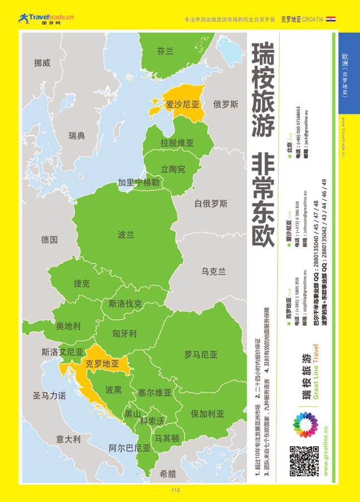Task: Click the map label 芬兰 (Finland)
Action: tap(165, 51)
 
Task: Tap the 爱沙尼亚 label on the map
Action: tap(182, 104)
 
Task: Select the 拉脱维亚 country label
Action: tap(177, 143)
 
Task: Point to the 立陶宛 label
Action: tap(173, 169)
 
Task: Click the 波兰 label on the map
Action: tap(126, 235)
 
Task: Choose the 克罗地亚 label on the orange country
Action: tap(103, 363)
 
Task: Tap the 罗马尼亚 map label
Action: tap(201, 355)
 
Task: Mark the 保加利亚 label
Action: tap(207, 414)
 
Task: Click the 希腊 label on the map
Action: tap(168, 474)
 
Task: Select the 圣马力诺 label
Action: tap(49, 396)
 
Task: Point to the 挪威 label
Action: tap(42, 63)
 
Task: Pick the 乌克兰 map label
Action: tap(213, 272)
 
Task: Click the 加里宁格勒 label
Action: tap(139, 182)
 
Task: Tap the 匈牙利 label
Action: tap(124, 334)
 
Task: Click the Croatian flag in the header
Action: tap(330, 19)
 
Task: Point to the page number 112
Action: tap(176, 490)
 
